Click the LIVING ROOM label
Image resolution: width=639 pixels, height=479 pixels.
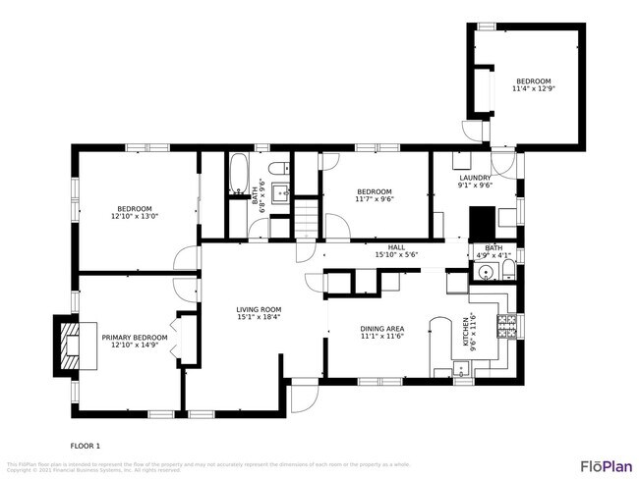point(259,309)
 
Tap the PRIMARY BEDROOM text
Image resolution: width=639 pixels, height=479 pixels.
point(135,337)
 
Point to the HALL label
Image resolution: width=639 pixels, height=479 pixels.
point(396,247)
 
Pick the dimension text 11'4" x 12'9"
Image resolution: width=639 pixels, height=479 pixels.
point(533,89)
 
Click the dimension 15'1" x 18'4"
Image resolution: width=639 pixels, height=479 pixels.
point(259,317)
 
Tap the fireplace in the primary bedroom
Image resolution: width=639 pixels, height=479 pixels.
point(67,346)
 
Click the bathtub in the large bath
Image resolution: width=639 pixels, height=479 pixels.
point(238,176)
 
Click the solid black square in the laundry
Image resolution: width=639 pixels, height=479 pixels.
point(483,223)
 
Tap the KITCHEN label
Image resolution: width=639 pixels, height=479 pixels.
point(468,332)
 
